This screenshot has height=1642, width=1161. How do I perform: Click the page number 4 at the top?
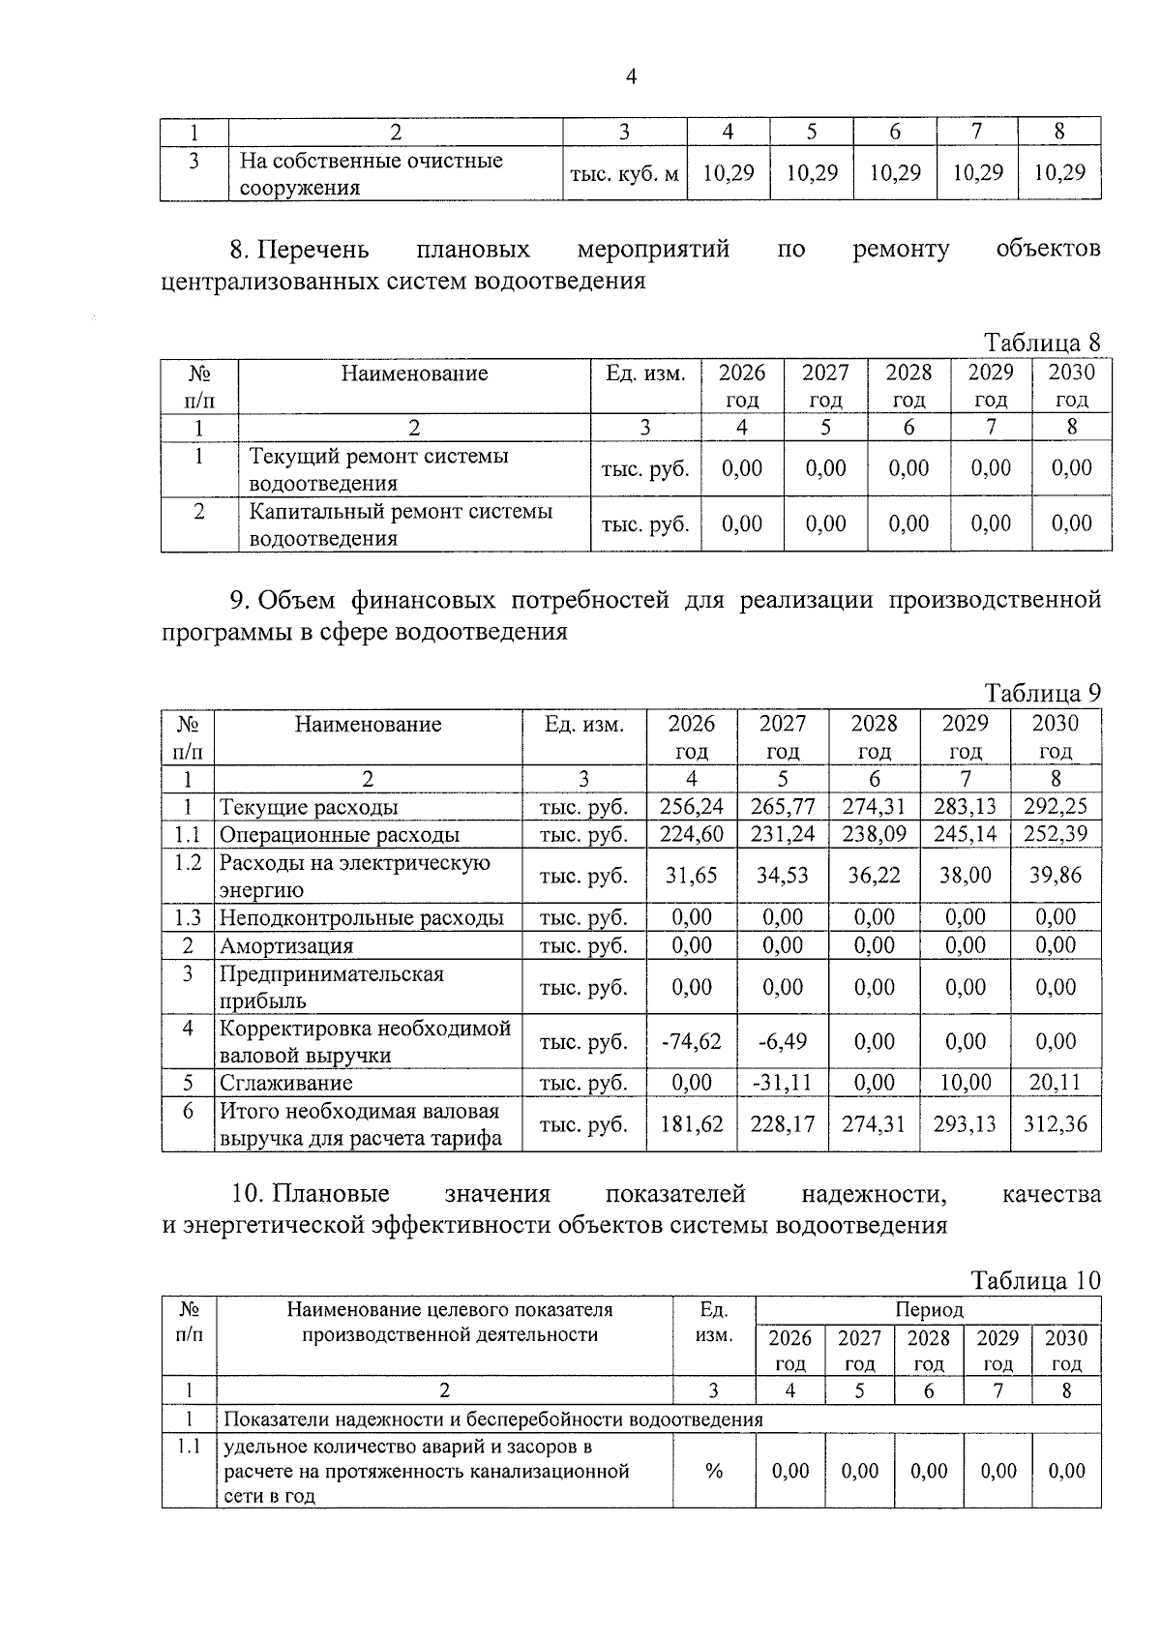631,77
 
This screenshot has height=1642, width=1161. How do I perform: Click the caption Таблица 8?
1042,343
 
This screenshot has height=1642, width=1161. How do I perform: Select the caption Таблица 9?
1042,693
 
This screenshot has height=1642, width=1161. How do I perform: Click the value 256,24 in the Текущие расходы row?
691,807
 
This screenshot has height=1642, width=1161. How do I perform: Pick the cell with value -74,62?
691,1041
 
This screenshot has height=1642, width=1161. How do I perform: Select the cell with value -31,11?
782,1083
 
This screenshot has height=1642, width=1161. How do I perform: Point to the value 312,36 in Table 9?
1055,1124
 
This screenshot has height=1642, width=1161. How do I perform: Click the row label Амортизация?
286,945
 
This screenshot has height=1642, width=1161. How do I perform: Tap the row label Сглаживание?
286,1083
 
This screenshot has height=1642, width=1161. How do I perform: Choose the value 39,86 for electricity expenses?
1055,876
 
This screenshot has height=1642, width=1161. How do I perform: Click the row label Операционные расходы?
340,834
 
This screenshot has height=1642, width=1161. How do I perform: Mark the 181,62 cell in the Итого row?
691,1124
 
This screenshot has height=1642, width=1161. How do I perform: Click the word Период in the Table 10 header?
929,1310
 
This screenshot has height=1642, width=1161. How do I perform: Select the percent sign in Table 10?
714,1471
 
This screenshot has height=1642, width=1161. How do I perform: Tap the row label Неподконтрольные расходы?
362,917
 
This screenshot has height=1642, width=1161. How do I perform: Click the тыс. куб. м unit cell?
625,174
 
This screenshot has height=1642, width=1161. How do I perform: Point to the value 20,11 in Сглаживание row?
1055,1083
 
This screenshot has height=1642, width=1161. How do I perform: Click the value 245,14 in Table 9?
965,834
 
